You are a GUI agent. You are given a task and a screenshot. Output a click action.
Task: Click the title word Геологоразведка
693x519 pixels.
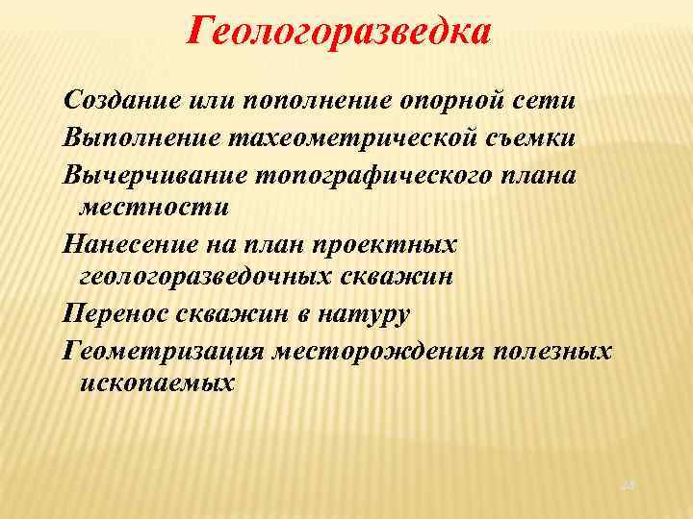(339, 32)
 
